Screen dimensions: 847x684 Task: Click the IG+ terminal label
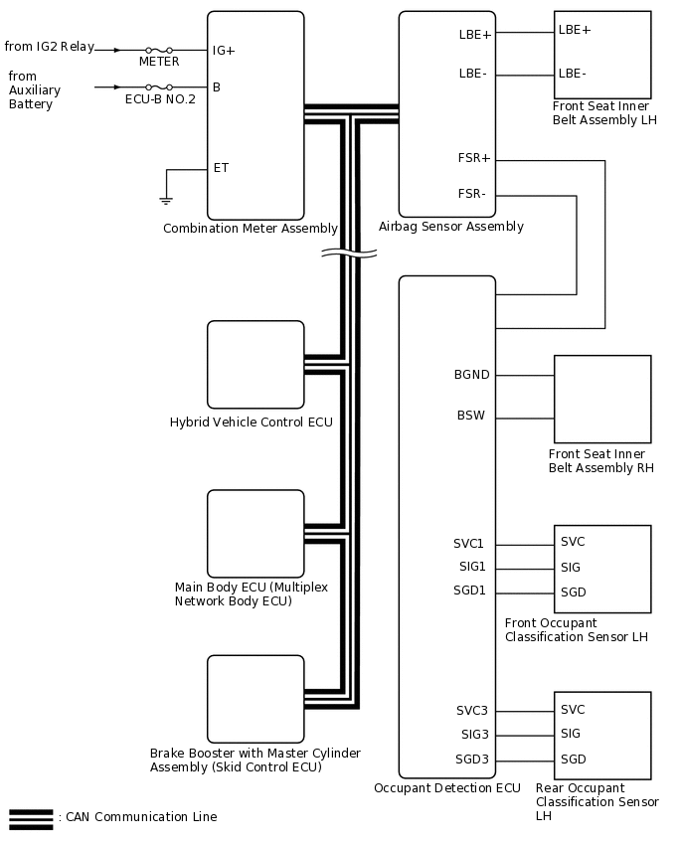pos(224,50)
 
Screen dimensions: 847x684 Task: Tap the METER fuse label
pos(159,62)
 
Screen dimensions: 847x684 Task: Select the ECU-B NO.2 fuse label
pos(159,99)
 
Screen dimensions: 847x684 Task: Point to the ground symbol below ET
pos(166,200)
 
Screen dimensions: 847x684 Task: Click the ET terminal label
pos(221,168)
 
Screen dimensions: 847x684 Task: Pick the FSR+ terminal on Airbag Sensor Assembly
pos(474,158)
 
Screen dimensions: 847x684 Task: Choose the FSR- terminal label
pos(471,194)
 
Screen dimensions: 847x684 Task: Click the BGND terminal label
pos(471,375)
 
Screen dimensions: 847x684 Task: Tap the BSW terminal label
pos(471,416)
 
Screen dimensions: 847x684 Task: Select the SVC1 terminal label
pos(469,544)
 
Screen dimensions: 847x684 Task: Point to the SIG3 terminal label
pos(473,735)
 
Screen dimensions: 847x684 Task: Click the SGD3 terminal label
pos(471,760)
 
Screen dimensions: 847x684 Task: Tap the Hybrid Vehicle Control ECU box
pos(256,365)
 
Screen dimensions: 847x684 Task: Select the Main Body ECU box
pos(256,534)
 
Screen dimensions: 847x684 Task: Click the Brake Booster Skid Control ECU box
pos(256,699)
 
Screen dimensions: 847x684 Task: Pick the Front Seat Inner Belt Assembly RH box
pos(602,399)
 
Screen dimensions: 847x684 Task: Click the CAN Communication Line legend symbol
pos(31,818)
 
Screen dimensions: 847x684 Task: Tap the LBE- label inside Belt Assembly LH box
pos(573,73)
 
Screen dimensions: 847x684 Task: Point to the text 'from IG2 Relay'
pos(50,47)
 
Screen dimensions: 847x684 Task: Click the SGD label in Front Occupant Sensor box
pos(574,593)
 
